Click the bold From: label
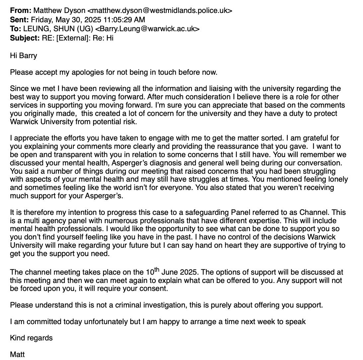pyautogui.click(x=21, y=10)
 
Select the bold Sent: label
pyautogui.click(x=20, y=20)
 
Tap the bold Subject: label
pyautogui.click(x=25, y=38)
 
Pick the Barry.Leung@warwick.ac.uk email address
pyautogui.click(x=147, y=29)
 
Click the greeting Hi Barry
pyautogui.click(x=23, y=55)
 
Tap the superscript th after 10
pyautogui.click(x=157, y=269)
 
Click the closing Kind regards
pyautogui.click(x=31, y=338)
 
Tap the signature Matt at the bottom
pyautogui.click(x=17, y=354)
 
